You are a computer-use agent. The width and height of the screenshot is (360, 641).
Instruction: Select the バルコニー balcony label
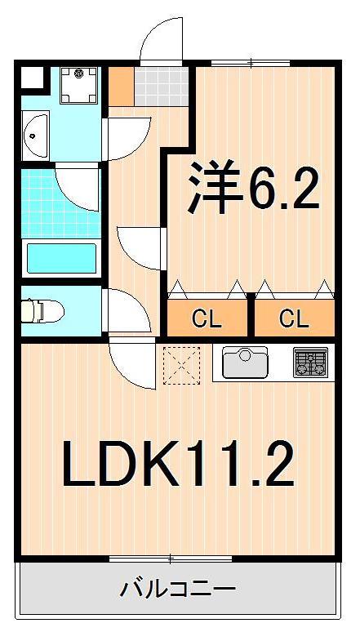178,588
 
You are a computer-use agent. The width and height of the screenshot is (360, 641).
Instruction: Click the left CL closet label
207,318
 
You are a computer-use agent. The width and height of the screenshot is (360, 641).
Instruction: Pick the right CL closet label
294,318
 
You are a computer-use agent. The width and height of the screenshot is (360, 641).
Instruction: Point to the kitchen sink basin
245,362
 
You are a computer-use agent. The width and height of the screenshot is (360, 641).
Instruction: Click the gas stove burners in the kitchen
310,362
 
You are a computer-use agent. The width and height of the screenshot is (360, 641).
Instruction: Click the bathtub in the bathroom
62,257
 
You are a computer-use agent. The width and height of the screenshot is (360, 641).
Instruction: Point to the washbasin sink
36,135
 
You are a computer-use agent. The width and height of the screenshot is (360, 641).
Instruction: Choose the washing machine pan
80,85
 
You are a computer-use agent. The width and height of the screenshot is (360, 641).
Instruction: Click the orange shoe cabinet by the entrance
121,86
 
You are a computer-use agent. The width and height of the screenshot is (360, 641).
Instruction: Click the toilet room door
127,310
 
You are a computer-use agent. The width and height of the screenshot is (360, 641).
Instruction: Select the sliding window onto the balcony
171,559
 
